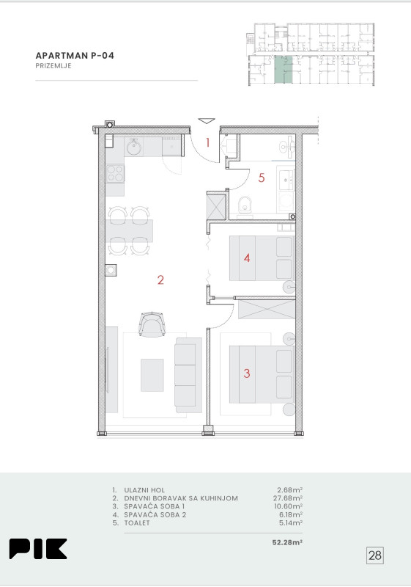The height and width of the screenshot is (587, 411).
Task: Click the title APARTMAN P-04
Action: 75,56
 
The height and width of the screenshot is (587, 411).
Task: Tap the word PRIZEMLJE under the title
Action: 53,66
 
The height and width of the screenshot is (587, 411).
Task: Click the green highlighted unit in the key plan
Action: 284,70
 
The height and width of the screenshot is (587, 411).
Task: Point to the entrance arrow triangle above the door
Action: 207,120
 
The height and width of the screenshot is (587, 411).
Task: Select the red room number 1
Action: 208,142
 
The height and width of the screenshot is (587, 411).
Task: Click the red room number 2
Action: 160,280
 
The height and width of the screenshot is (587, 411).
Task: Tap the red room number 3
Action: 247,373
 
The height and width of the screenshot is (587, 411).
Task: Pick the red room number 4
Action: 247,258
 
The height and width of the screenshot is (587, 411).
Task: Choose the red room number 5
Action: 262,178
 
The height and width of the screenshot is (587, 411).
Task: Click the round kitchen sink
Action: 133,147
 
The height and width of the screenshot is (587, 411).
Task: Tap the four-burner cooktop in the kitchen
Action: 115,173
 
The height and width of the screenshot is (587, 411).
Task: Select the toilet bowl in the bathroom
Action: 245,205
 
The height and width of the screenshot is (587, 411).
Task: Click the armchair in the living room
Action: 152,323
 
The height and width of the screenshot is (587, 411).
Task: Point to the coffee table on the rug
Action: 152,375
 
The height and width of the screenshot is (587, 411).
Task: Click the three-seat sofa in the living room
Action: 188,375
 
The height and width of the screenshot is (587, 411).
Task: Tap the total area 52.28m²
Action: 287,542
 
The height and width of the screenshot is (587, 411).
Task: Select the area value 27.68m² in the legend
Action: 288,498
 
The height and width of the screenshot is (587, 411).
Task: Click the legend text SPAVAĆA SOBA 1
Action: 155,506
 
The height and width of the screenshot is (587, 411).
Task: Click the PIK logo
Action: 38,549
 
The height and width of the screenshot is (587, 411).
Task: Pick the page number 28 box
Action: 375,555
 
